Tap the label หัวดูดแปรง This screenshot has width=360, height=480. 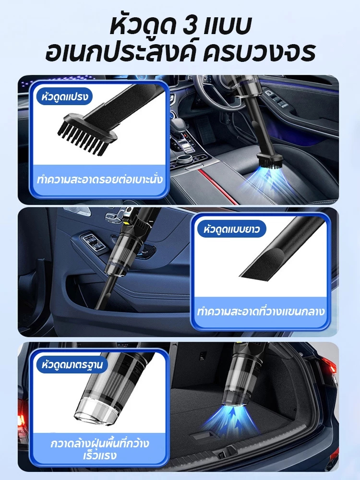coord(65,97)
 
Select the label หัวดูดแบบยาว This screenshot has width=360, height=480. coord(231,229)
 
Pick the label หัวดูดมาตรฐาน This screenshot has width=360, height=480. coord(72,365)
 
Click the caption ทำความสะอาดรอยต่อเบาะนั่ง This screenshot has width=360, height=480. coord(100,180)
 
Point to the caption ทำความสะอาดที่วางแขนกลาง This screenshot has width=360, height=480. coord(261,312)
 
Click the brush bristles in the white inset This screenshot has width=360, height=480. coord(83,139)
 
